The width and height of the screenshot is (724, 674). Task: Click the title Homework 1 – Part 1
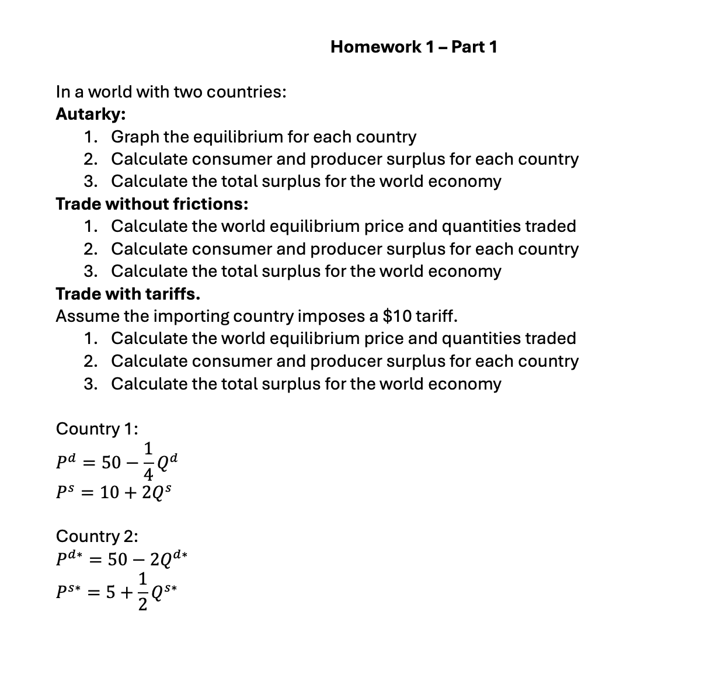click(413, 47)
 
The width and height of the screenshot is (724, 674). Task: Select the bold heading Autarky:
click(90, 114)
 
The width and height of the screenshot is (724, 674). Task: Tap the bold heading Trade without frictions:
click(152, 204)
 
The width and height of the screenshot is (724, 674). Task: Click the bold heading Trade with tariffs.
click(128, 293)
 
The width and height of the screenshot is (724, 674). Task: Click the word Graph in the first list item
click(135, 137)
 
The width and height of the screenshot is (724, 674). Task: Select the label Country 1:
click(97, 429)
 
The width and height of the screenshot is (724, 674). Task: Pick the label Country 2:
click(97, 536)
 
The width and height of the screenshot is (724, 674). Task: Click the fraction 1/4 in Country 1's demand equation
click(148, 461)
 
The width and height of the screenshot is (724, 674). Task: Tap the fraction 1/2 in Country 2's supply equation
click(142, 592)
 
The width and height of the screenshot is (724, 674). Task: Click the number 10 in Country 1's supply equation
click(110, 492)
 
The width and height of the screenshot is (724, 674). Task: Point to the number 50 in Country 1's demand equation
click(111, 463)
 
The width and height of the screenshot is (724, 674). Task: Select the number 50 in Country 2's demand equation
click(117, 560)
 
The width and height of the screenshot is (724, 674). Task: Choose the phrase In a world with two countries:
click(171, 92)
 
